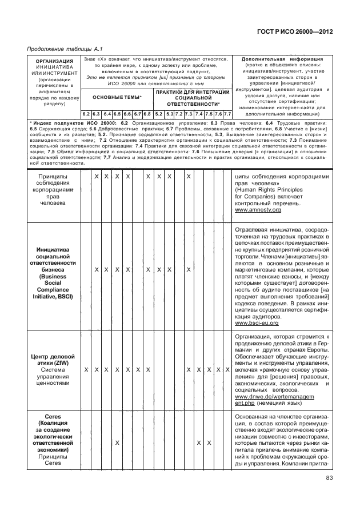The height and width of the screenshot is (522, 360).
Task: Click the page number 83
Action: (329, 479)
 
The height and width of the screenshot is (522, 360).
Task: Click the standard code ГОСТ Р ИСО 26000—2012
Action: (296, 33)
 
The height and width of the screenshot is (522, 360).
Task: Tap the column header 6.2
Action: (86, 114)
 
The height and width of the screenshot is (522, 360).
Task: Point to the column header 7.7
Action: (227, 114)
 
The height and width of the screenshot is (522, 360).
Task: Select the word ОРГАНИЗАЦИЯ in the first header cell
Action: (51, 61)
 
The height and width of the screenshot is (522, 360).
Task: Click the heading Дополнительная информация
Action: (282, 59)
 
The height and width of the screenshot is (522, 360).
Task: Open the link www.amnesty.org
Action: (258, 210)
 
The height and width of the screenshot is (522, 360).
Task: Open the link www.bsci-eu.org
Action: (257, 324)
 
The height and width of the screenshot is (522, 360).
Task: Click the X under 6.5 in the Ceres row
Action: (117, 443)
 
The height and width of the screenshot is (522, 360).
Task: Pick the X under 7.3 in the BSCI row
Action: (188, 269)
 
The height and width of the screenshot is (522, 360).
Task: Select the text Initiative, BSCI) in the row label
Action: (52, 297)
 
